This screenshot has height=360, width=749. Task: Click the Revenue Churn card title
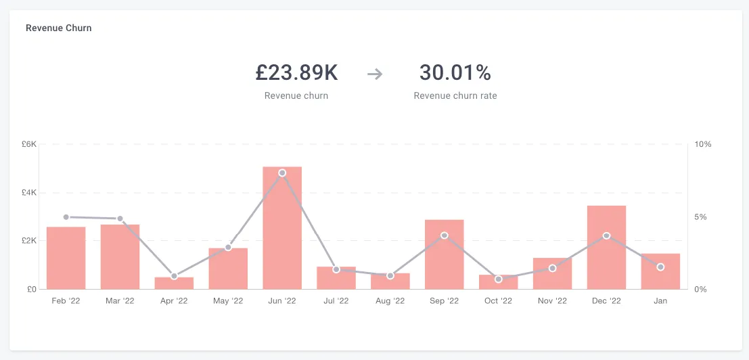pyautogui.click(x=59, y=28)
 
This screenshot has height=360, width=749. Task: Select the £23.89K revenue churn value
pyautogui.click(x=296, y=73)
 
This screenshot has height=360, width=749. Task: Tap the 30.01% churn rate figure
pyautogui.click(x=455, y=73)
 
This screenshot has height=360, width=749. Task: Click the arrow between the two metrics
pyautogui.click(x=375, y=74)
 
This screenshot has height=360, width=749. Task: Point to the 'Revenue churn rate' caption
pyautogui.click(x=455, y=95)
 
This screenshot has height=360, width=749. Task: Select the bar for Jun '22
pyautogui.click(x=282, y=228)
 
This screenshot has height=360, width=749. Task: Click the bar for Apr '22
pyautogui.click(x=174, y=283)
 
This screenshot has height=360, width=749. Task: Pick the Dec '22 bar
pyautogui.click(x=607, y=247)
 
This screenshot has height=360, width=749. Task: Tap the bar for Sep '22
pyautogui.click(x=445, y=254)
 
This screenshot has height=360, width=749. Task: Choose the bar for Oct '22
pyautogui.click(x=498, y=282)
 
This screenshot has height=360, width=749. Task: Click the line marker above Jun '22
pyautogui.click(x=282, y=173)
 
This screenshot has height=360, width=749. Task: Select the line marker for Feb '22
pyautogui.click(x=66, y=217)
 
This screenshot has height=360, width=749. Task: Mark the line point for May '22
pyautogui.click(x=228, y=247)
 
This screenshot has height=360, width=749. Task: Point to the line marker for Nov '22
pyautogui.click(x=553, y=269)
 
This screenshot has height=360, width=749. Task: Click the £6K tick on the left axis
pyautogui.click(x=29, y=144)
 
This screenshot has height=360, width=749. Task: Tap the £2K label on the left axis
pyautogui.click(x=29, y=241)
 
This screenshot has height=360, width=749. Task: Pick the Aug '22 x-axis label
pyautogui.click(x=390, y=301)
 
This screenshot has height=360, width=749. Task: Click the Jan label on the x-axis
pyautogui.click(x=660, y=301)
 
